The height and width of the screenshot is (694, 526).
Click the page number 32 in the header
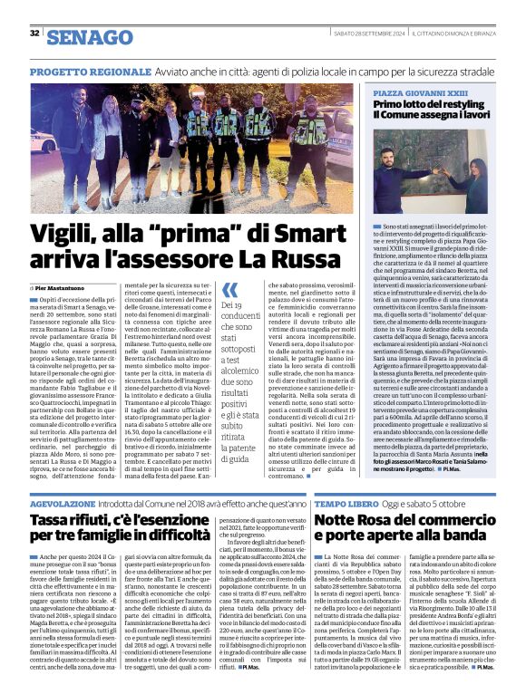(34, 34)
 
